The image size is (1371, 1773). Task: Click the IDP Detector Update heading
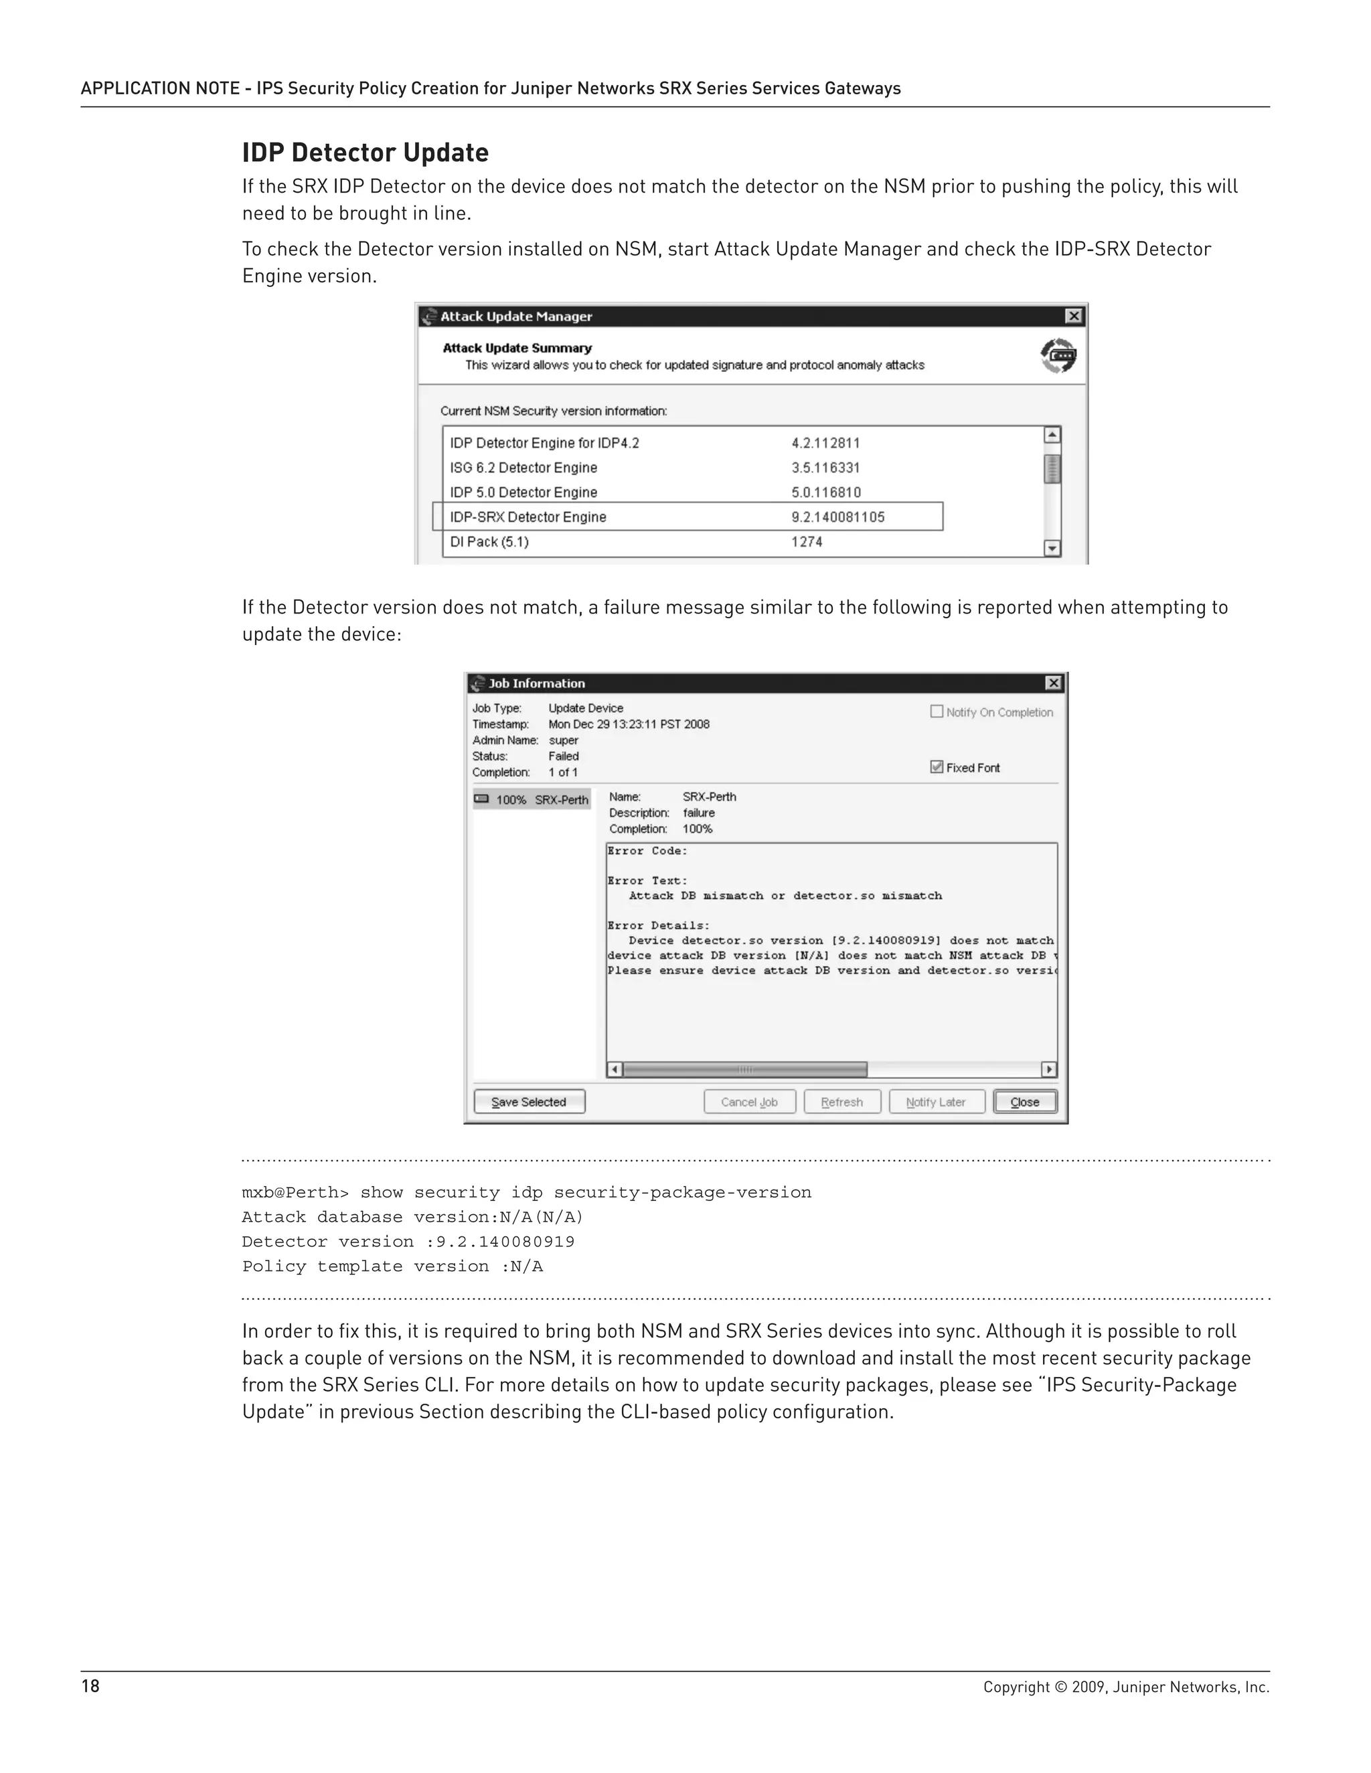365,153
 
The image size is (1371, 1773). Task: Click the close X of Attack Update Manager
1073,316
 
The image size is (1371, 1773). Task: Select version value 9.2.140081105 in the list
837,517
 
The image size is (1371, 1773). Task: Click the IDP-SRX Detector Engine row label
528,517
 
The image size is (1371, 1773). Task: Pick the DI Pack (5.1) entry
489,541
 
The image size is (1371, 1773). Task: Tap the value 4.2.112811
825,443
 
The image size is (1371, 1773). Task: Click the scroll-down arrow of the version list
1052,548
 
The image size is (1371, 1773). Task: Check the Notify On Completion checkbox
937,711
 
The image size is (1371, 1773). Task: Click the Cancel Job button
749,1102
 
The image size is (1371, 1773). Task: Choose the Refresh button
841,1102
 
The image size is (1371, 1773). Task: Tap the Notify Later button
936,1102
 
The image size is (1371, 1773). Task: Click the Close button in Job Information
1024,1102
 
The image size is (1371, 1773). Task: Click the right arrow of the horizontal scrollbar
1048,1069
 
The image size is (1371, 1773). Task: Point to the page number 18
90,1686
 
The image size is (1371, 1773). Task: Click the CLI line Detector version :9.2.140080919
408,1241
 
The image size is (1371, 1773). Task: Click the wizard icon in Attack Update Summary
1058,355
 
